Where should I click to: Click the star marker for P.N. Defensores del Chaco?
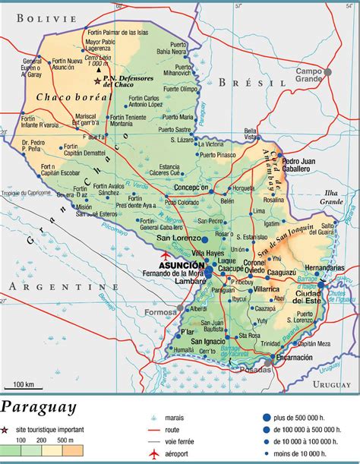pos(96,79)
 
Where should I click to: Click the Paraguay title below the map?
pos(39,408)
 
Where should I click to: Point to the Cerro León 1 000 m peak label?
pos(98,59)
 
